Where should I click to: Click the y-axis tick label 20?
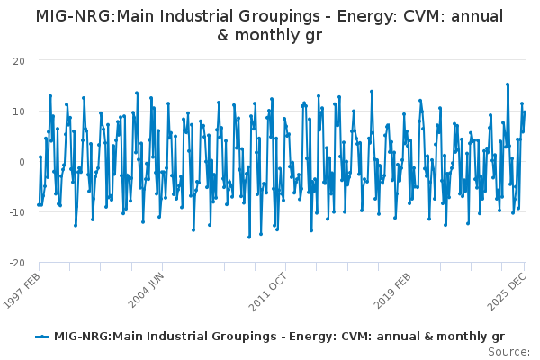(19, 60)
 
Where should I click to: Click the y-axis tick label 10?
(19, 111)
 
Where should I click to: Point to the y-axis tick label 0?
(22, 162)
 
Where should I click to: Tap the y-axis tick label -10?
(16, 212)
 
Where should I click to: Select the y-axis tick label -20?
(16, 263)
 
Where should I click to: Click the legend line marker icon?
(41, 337)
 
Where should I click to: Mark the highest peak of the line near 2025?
(508, 85)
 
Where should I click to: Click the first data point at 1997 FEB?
(38, 204)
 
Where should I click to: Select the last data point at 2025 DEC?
(525, 112)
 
